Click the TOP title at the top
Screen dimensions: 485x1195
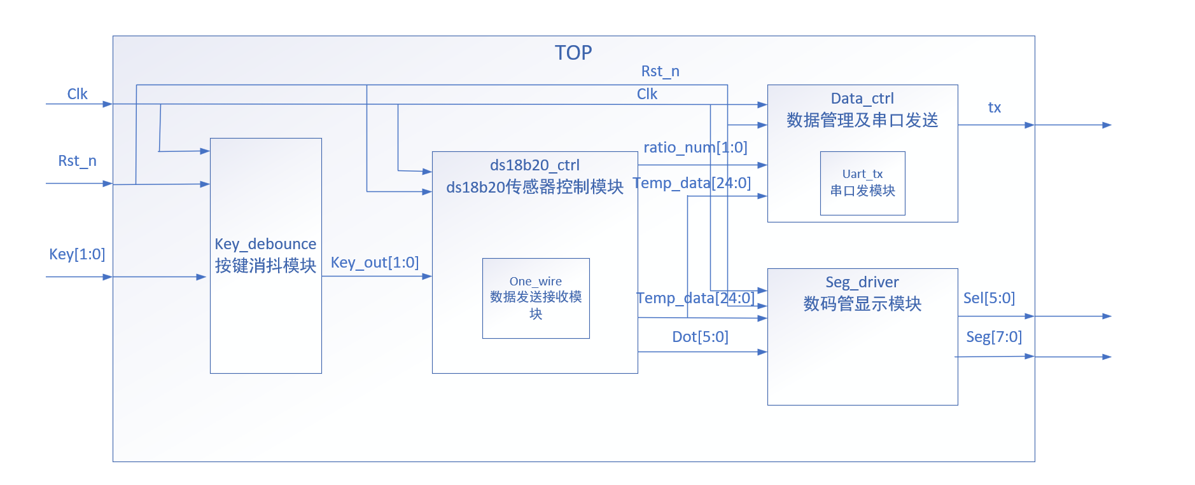[573, 53]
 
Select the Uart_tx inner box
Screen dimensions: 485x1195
[862, 183]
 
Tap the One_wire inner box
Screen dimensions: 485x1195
[535, 298]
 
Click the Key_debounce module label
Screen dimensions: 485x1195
[265, 244]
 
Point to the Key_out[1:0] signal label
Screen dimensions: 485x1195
[375, 263]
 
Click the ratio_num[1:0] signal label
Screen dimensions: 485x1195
[695, 147]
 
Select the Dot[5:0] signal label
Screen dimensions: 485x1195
[700, 337]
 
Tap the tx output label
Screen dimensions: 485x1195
[994, 107]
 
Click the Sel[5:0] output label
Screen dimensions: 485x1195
[989, 298]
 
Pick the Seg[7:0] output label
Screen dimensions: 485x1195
[993, 337]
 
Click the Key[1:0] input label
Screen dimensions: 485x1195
[77, 254]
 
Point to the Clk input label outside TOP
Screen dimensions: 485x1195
[77, 94]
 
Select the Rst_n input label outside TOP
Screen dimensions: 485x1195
[77, 161]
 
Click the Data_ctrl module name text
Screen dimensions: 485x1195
[862, 99]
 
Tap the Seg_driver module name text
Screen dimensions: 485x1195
[862, 282]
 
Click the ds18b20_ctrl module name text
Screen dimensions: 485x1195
[535, 165]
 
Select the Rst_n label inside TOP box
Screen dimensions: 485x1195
[660, 71]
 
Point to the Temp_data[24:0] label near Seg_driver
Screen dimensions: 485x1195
[695, 298]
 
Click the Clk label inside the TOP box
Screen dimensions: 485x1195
[646, 94]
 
